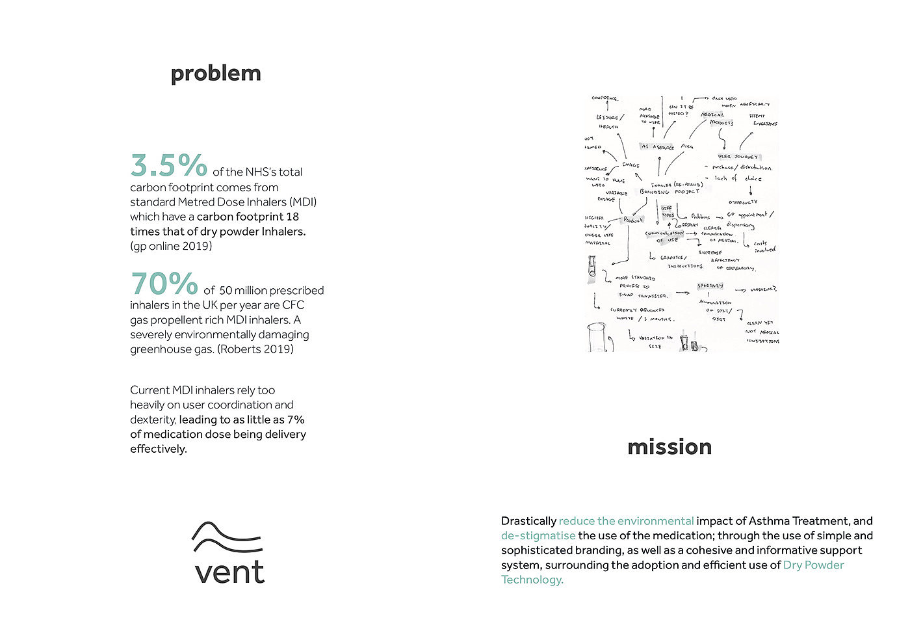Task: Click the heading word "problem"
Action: point(216,74)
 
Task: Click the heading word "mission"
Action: point(669,447)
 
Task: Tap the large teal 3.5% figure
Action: point(169,165)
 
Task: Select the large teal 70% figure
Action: point(164,284)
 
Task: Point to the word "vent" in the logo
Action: point(229,571)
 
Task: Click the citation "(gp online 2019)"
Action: point(171,246)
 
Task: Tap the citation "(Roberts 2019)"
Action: point(255,349)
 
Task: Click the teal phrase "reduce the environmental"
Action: point(626,521)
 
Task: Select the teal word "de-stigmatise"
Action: point(538,535)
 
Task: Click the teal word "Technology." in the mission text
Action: point(532,580)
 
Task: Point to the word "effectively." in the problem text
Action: point(158,449)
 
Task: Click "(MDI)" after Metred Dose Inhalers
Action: point(304,202)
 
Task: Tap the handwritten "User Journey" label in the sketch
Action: point(738,157)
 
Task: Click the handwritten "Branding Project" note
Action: point(669,192)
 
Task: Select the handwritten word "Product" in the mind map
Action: point(632,220)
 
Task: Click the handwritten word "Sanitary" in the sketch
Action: point(710,286)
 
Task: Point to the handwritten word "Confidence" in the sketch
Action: point(604,98)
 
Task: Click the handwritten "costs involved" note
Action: point(764,247)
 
